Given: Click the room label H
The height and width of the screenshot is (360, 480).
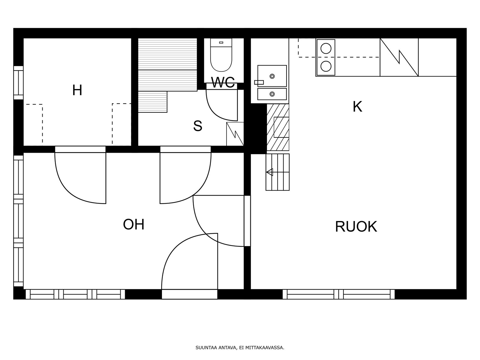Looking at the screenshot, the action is (x=77, y=90).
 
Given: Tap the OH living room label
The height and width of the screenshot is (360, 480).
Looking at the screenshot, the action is (x=133, y=224).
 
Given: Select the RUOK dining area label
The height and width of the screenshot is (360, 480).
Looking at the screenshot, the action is (x=356, y=226).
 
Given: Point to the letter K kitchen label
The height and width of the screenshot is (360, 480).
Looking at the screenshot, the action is (x=358, y=107).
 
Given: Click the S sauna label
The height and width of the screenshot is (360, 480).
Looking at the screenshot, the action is (x=198, y=126).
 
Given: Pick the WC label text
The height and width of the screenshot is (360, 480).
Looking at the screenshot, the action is (x=223, y=82).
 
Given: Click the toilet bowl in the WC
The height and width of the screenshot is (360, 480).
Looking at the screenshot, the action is (x=221, y=59).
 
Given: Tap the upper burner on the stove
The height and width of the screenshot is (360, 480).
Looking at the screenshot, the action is (x=326, y=49).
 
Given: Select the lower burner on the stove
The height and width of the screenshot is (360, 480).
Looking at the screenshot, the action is (x=326, y=66).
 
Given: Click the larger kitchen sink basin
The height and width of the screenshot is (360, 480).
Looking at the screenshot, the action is (x=272, y=76).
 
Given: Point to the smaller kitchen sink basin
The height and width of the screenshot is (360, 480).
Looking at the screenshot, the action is (x=272, y=94).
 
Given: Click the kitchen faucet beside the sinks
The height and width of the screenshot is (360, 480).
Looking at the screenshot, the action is (x=259, y=82).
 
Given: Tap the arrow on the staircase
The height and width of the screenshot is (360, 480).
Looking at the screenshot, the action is (x=270, y=172).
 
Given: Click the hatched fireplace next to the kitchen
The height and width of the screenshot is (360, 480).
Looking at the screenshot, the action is (x=278, y=127).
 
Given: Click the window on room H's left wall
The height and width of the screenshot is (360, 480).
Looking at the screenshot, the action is (x=18, y=82).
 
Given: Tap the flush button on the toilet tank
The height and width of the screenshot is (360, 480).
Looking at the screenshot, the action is (x=221, y=42).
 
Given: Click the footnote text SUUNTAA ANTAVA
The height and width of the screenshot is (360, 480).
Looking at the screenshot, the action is (x=216, y=347).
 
